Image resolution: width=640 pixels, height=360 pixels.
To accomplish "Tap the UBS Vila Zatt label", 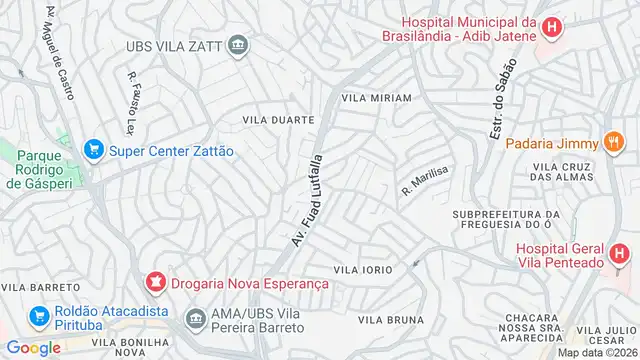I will [173, 46].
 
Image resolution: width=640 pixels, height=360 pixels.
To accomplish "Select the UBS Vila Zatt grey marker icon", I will [239, 45].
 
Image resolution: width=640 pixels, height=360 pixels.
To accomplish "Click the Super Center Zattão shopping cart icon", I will [94, 150].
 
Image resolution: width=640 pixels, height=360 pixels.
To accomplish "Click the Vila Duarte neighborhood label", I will [278, 119].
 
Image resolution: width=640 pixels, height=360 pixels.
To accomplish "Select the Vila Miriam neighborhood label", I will [376, 98].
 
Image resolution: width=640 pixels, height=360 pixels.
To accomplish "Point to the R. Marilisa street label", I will [424, 179].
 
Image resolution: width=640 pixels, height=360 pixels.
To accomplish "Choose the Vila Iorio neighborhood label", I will [362, 270].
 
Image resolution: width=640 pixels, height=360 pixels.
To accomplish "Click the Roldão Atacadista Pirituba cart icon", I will [40, 317].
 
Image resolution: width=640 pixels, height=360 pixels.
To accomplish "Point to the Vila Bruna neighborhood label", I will [384, 320].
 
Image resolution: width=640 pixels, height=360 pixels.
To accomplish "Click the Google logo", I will [34, 347].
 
